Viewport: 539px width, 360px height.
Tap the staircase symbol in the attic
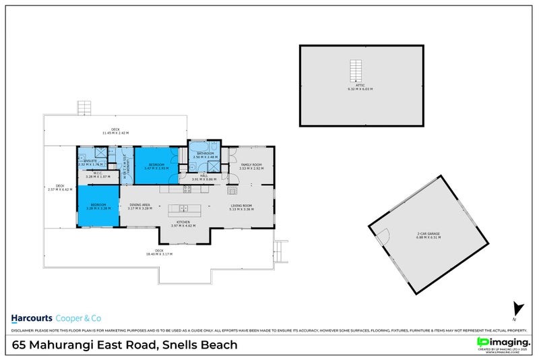(355, 70)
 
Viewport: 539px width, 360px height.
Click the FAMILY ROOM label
(251, 164)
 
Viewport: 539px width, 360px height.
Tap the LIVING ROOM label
(241, 206)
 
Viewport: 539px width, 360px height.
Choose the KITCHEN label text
(183, 222)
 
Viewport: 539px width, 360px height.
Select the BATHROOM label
(205, 154)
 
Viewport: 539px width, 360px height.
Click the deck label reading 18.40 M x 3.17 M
(159, 253)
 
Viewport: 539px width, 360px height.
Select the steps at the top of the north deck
(84, 108)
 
